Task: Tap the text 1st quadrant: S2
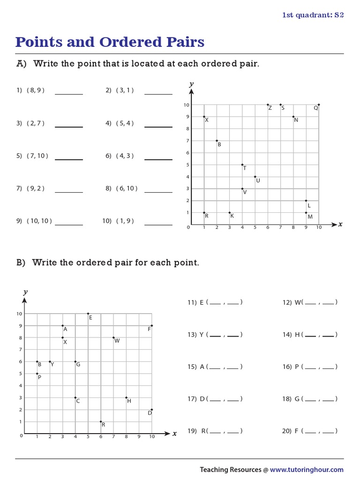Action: (313, 15)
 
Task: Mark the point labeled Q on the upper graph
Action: (319, 105)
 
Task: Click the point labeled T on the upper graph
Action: (242, 165)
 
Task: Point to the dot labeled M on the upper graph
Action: (306, 213)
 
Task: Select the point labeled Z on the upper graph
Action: (268, 105)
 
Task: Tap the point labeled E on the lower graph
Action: (88, 314)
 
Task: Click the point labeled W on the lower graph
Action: (113, 337)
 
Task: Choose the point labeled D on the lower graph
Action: (151, 410)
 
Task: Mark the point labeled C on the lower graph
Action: (75, 397)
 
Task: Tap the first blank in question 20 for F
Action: (310, 431)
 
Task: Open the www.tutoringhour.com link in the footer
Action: (307, 470)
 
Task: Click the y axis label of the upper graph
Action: (191, 84)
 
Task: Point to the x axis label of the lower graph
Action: (174, 434)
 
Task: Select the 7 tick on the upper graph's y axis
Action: (187, 141)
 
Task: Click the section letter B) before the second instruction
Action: (21, 262)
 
